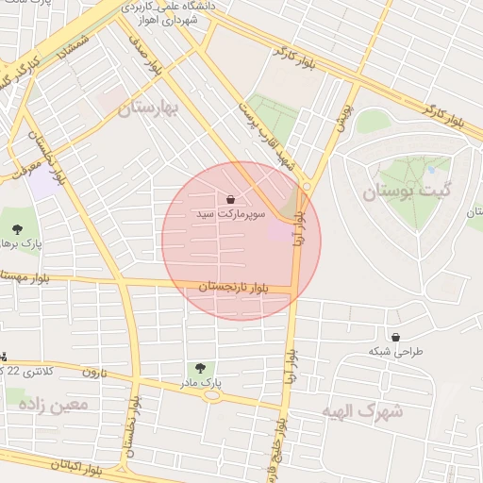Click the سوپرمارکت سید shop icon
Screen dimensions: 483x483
click(231, 198)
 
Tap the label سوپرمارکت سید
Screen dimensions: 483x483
click(231, 215)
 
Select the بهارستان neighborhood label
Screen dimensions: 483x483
click(148, 109)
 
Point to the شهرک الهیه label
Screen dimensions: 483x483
click(362, 411)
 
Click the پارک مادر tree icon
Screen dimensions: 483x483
click(199, 368)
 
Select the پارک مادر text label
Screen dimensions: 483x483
click(199, 384)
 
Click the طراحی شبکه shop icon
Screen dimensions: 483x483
click(394, 337)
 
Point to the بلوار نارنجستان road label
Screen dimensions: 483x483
click(235, 285)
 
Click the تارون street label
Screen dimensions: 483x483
click(89, 371)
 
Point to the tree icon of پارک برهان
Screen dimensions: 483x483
click(18, 228)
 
